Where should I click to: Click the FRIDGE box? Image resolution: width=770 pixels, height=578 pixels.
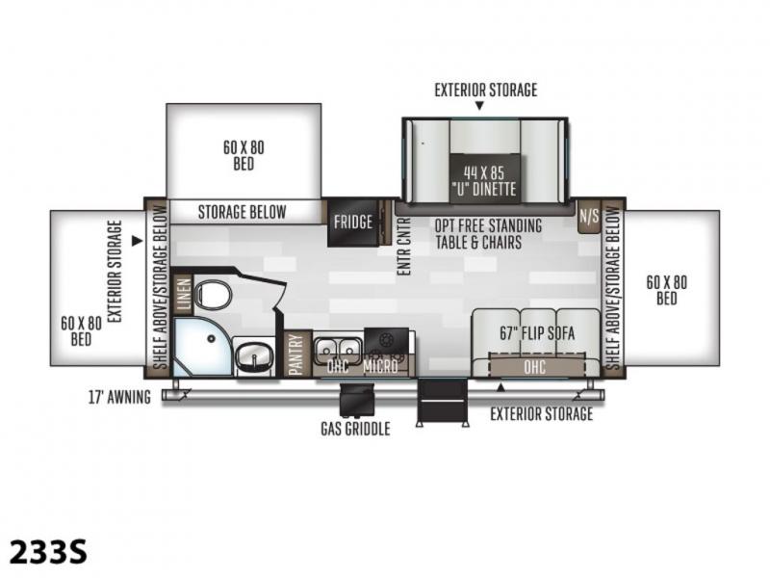coord(353,223)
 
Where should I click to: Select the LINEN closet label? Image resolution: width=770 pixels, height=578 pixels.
coord(183,295)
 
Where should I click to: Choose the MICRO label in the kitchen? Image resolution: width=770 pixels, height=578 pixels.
coord(380,366)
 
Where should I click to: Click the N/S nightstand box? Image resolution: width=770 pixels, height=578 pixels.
coord(589,216)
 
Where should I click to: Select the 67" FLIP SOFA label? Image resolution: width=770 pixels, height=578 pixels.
coord(537,333)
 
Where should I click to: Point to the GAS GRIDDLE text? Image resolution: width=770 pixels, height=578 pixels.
coord(355,429)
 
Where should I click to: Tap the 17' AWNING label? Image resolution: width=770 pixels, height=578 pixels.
coord(119,397)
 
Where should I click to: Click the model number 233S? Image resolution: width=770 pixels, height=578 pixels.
coord(48,551)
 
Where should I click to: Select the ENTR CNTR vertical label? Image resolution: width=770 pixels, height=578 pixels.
coord(403,247)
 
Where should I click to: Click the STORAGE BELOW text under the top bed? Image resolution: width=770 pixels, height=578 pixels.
coord(243,212)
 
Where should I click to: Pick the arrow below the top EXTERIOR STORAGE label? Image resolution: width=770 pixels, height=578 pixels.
coord(479,106)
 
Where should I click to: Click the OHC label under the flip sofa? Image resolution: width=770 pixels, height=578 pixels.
coord(534,367)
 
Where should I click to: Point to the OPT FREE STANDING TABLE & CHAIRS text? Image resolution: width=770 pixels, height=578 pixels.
coord(488,234)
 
